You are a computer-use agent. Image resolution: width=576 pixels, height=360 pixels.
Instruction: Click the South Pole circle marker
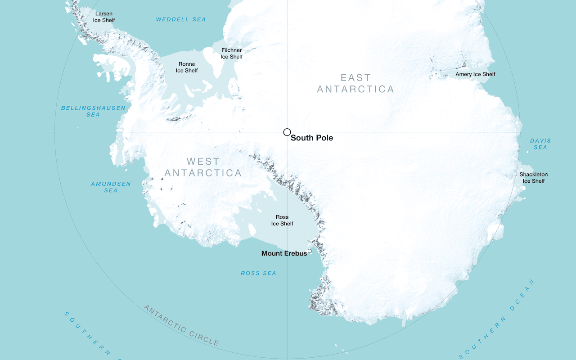click(287, 132)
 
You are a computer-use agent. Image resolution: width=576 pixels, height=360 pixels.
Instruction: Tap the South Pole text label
click(311, 138)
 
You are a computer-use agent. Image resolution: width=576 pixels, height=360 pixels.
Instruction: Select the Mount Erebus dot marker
click(310, 251)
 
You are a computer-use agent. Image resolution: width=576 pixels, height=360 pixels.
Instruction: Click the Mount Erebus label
click(284, 253)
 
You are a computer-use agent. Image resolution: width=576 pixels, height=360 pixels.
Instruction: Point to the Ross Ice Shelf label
click(282, 220)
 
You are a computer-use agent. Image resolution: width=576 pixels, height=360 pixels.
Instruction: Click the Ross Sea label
click(258, 273)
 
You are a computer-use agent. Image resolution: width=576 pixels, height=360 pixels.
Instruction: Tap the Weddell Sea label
click(180, 19)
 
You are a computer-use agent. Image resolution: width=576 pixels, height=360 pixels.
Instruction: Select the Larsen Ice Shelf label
click(104, 17)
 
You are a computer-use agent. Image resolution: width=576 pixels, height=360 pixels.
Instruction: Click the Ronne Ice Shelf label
click(187, 67)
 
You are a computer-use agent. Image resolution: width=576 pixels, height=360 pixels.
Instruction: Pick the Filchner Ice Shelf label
click(232, 54)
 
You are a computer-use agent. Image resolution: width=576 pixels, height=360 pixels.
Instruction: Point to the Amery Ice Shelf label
click(475, 74)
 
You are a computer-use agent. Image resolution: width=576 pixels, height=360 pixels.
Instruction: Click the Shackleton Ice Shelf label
click(534, 178)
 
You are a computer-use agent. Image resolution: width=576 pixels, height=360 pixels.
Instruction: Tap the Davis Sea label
click(540, 144)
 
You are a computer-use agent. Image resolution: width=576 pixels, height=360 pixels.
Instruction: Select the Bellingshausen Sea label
click(93, 111)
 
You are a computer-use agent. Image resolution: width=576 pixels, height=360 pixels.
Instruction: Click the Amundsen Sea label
click(111, 187)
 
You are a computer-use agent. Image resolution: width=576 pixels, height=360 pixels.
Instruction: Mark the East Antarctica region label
click(355, 83)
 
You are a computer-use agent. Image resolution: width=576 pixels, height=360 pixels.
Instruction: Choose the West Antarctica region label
click(203, 167)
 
